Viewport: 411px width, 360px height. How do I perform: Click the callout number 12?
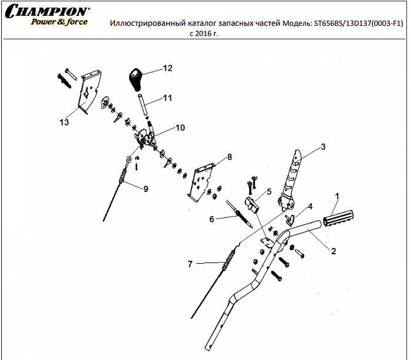tap(167, 69)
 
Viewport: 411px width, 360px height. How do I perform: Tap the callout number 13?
tap(64, 122)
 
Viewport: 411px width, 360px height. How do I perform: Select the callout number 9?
tap(145, 189)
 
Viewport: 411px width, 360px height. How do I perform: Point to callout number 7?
tap(190, 264)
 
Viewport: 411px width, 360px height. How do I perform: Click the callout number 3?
tap(322, 146)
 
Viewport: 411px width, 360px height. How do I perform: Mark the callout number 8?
tap(229, 157)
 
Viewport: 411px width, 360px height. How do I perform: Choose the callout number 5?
tap(268, 191)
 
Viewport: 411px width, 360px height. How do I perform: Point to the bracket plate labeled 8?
tap(201, 179)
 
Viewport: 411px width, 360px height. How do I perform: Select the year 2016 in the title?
tap(201, 34)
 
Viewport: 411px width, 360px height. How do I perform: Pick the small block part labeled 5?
tap(252, 205)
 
